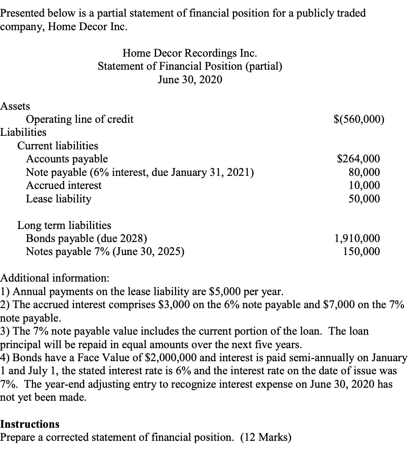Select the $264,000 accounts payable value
[x=358, y=159]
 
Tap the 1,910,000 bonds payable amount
[x=358, y=238]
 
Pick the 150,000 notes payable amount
[x=361, y=251]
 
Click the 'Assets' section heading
[x=15, y=106]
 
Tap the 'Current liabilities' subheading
[x=58, y=146]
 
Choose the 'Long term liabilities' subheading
[x=64, y=225]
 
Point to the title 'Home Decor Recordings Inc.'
[x=190, y=54]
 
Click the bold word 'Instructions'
[x=30, y=424]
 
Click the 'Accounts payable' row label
[x=67, y=159]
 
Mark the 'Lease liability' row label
[x=58, y=198]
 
